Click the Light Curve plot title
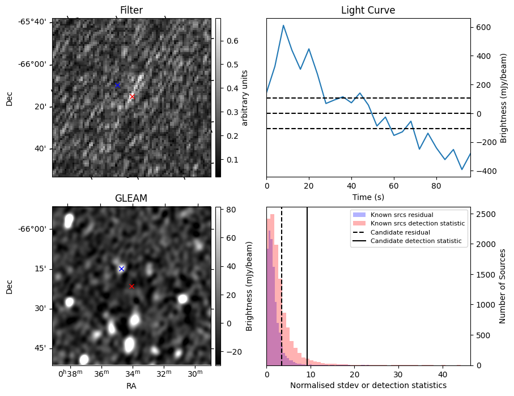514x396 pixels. coord(368,10)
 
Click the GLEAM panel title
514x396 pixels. coord(131,198)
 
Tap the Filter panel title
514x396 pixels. coord(131,10)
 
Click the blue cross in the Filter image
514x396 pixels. coord(117,85)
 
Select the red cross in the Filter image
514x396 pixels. coord(132,97)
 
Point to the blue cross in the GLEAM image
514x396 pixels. coord(121,269)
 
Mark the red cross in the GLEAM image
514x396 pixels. coord(132,286)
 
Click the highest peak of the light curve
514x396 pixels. coord(283,25)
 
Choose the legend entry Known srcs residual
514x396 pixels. coord(402,215)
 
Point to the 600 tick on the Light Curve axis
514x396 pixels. coord(483,27)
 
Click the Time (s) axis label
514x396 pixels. coord(368,196)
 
